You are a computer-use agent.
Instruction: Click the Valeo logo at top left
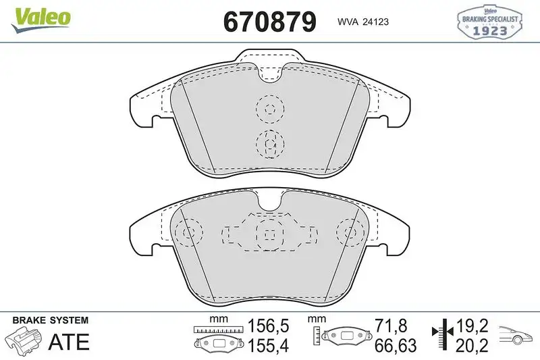pos(40,16)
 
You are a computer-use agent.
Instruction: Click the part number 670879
pos(269,22)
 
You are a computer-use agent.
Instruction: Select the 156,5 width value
pos(269,326)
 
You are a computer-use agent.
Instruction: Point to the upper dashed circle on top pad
pos(270,109)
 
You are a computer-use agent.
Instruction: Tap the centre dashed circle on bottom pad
pos(269,234)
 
